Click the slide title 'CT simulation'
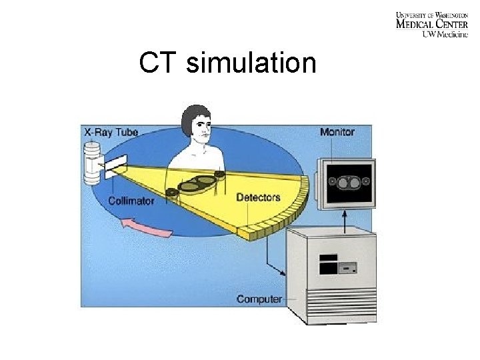[227, 63]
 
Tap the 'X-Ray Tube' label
[111, 132]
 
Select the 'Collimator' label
[131, 200]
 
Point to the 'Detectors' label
[258, 197]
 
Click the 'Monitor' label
[337, 132]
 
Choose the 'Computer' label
[259, 299]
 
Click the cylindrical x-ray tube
[93, 163]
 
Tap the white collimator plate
[115, 165]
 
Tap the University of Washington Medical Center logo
[431, 24]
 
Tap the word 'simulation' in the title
[251, 63]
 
